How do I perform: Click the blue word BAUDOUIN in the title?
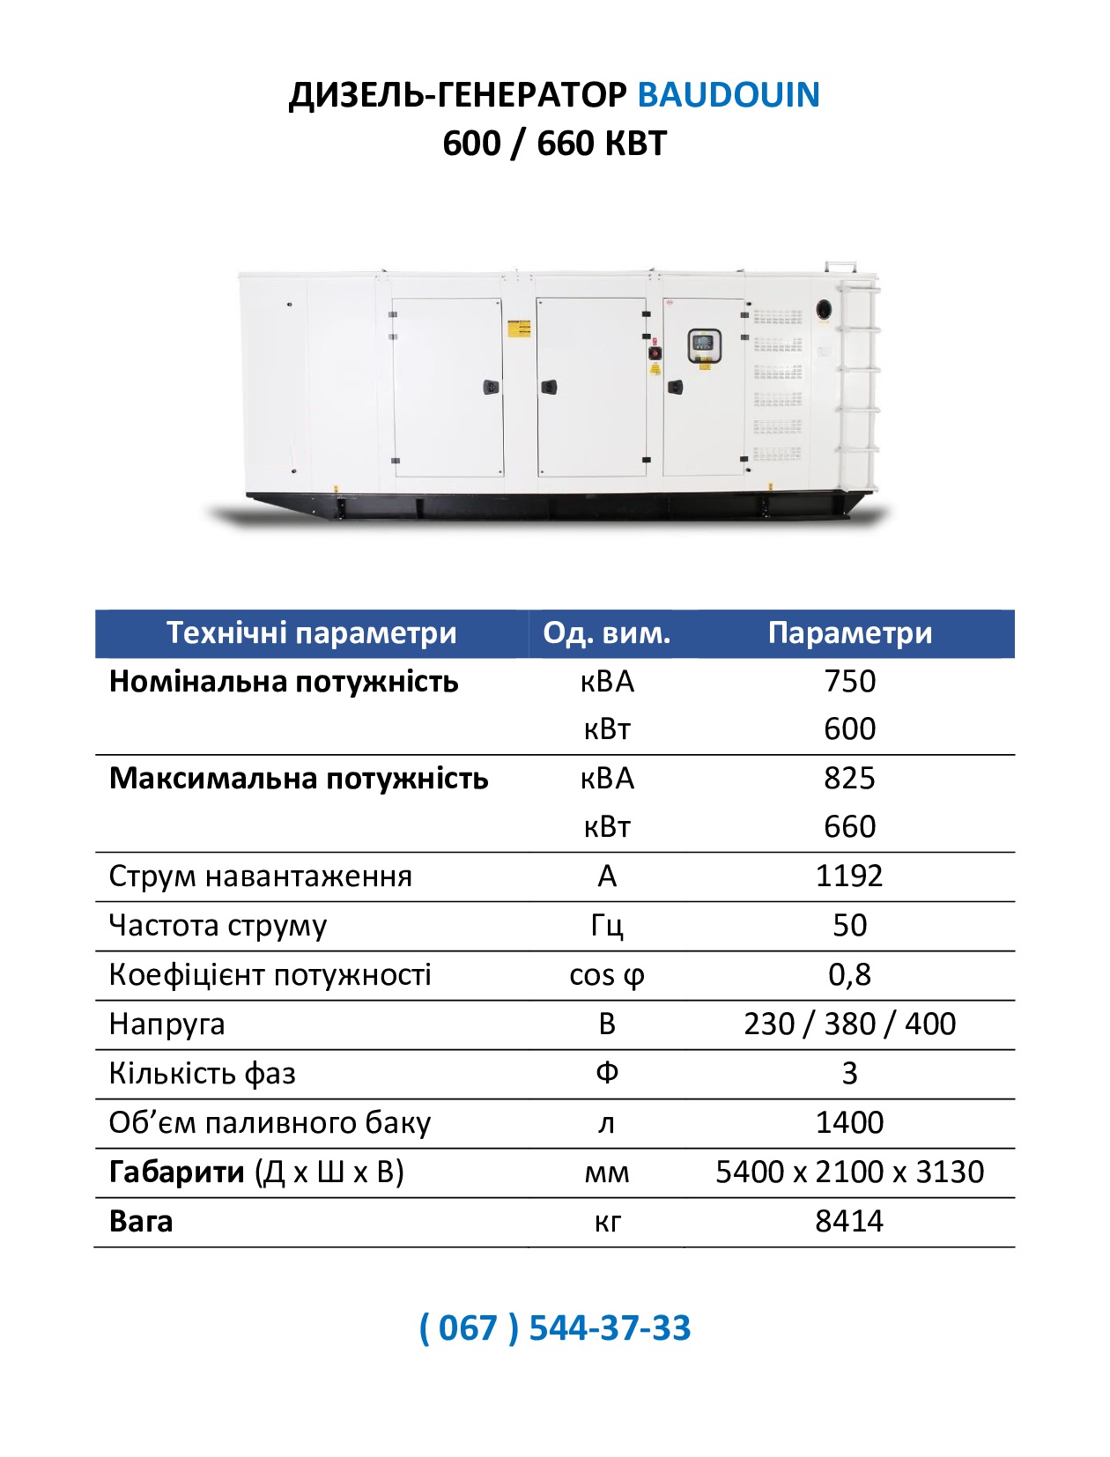728,95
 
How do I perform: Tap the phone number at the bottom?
555,1328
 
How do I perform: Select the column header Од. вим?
606,633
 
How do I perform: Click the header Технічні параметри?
311,633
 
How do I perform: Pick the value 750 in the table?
849,681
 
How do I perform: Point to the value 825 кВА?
849,778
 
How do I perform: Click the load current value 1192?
849,876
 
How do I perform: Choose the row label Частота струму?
218,925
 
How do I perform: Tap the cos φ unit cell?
606,975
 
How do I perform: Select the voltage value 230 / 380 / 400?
849,1024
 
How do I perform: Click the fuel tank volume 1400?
849,1122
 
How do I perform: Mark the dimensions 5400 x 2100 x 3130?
849,1172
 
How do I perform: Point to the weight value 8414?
849,1221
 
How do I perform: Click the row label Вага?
141,1221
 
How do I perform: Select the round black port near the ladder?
825,309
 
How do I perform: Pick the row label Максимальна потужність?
298,778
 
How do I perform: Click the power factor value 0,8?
849,974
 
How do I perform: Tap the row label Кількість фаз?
202,1073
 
